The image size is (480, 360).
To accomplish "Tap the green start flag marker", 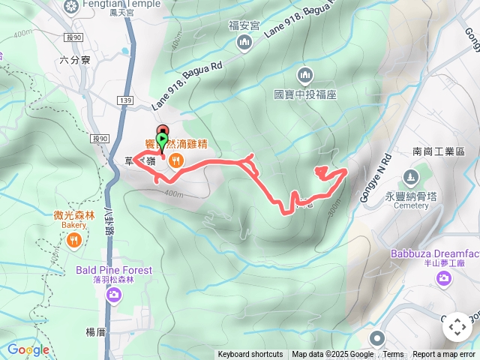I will click(163, 140).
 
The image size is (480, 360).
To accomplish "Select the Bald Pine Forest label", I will click(112, 270).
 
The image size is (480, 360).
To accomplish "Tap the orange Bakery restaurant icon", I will click(73, 240).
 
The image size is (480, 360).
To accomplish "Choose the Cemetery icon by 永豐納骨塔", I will click(410, 178).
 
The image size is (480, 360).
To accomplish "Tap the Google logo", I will click(28, 349).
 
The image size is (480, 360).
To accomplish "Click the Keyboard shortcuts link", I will click(250, 355).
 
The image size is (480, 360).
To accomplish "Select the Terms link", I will click(393, 355).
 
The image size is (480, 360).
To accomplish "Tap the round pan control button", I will click(457, 327).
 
